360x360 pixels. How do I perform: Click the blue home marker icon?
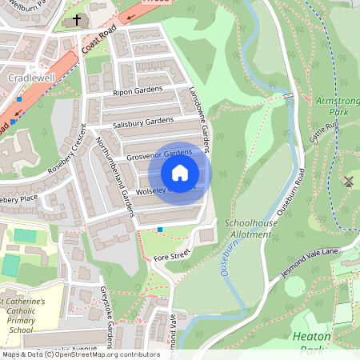180,172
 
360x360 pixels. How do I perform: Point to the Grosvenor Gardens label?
159,152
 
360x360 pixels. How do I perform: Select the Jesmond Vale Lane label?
320,262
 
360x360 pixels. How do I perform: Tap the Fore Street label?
173,255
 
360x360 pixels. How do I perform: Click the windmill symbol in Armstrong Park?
347,182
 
